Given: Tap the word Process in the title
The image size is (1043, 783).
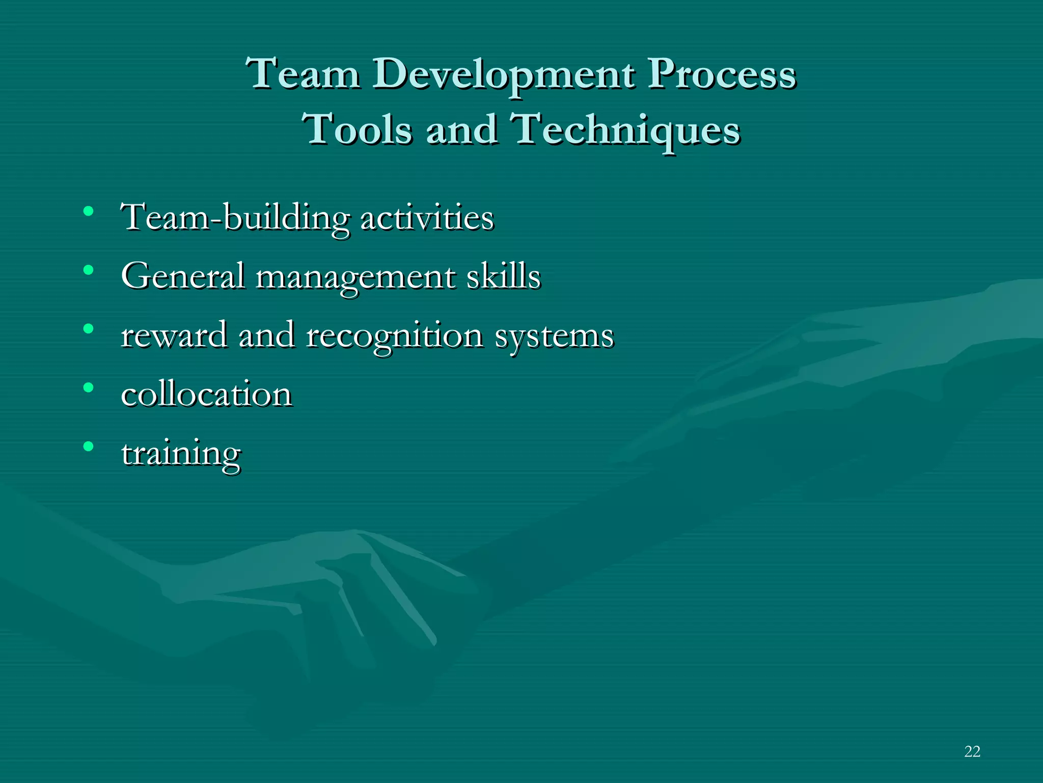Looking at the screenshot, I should (x=722, y=74).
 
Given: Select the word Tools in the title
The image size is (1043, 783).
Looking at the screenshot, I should (x=356, y=129).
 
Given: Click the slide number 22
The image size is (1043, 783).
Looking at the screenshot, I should (x=972, y=751).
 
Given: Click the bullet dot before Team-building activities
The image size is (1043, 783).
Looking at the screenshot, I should (x=89, y=211).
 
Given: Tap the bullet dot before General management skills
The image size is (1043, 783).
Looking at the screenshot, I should (x=89, y=270).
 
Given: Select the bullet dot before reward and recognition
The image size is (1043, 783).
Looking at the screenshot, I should (x=89, y=328).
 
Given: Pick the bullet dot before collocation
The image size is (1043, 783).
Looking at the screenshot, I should (x=89, y=387).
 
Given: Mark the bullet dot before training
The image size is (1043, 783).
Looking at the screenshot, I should (x=89, y=447).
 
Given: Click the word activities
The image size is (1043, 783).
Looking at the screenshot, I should (x=427, y=218).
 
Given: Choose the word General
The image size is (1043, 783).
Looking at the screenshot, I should (x=183, y=276).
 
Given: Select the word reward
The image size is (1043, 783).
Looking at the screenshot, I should (x=174, y=335).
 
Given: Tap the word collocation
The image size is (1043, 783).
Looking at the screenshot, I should (x=206, y=394).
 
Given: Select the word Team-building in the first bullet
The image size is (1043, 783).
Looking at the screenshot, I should (x=235, y=218).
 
